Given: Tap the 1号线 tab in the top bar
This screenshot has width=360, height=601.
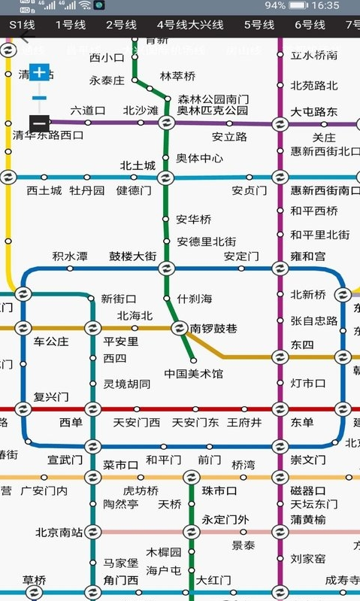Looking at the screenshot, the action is [x=71, y=25].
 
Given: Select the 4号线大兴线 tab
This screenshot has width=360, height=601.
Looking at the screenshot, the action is [x=190, y=25].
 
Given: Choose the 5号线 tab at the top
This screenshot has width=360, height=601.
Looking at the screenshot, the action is [x=259, y=25].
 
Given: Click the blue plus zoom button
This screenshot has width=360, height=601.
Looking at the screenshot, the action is [x=40, y=73].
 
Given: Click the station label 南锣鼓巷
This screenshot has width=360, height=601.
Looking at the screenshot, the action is [x=213, y=328].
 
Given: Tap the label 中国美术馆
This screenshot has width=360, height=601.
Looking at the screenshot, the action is [x=194, y=373].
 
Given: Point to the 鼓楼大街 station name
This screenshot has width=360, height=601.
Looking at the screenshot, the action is [x=132, y=256].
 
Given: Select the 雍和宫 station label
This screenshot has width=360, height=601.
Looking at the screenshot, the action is [x=308, y=256].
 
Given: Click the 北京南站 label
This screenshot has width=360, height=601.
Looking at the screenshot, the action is [x=59, y=533].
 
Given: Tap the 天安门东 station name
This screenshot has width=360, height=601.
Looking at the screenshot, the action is [x=195, y=422].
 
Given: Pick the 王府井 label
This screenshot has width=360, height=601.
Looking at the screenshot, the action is [x=245, y=422].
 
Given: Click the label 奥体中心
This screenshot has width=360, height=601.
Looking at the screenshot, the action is [x=199, y=158].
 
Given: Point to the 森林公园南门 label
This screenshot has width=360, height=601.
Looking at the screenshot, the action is [x=213, y=99].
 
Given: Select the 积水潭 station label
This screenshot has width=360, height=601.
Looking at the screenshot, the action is [x=70, y=256].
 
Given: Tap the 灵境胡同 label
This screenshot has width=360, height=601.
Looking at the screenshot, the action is [x=126, y=384].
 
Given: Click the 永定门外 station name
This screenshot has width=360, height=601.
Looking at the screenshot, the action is [x=225, y=519].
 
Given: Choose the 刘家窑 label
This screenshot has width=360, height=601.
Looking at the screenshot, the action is [x=308, y=558].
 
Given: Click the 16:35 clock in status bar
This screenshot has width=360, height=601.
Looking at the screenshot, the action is [x=325, y=5].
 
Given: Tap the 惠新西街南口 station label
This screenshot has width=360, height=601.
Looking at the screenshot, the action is [x=325, y=190].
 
